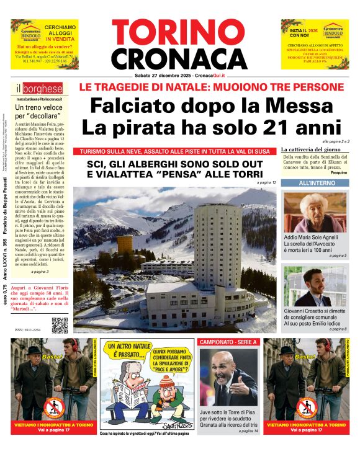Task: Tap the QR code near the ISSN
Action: [x=60, y=325]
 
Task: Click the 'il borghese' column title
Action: [x=32, y=88]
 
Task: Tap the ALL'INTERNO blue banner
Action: [x=313, y=184]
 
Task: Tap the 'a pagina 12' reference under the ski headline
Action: [x=266, y=183]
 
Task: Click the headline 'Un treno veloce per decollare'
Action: [x=38, y=111]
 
